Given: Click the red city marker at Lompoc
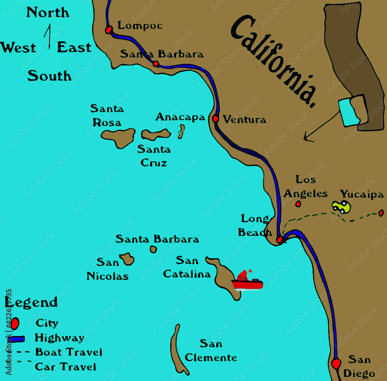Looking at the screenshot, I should [x=109, y=29].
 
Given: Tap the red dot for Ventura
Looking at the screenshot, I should [x=216, y=119].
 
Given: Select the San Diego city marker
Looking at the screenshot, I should [x=336, y=363].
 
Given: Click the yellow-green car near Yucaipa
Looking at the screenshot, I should [x=341, y=207].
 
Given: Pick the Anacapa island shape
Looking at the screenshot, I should [x=181, y=132].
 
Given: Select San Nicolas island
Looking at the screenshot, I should [x=127, y=259].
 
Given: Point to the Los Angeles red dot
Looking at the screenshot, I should [x=298, y=204].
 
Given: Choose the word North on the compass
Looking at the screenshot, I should [x=48, y=13].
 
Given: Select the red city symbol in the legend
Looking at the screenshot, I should [x=15, y=323].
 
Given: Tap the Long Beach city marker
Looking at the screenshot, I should [x=279, y=240].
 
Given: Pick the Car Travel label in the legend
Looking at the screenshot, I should [x=65, y=367].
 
